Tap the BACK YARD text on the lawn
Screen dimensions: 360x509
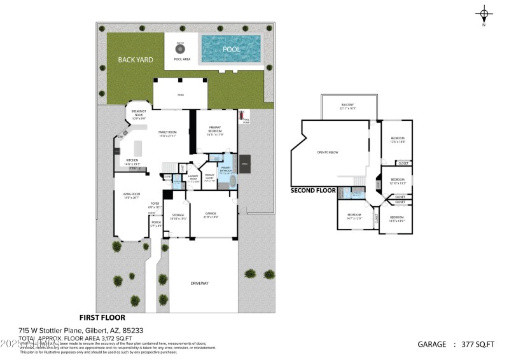[135, 59]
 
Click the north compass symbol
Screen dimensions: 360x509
[485, 15]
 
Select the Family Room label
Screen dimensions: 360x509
[167, 134]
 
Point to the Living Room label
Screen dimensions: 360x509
[132, 195]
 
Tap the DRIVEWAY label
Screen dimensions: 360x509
[199, 283]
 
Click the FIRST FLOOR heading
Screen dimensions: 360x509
[102, 317]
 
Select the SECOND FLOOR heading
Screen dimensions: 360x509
[313, 190]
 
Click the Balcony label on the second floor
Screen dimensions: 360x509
[347, 106]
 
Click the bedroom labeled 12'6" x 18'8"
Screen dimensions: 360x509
[397, 140]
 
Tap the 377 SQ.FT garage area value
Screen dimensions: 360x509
[477, 344]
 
